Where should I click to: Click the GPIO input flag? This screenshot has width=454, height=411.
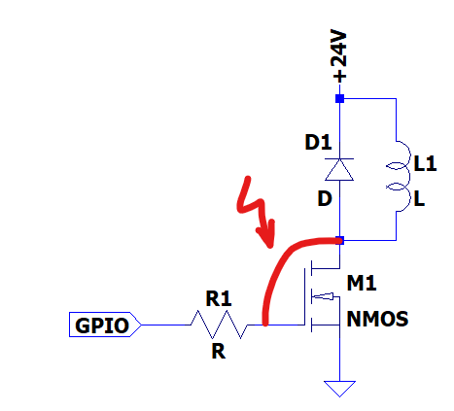pyautogui.click(x=105, y=325)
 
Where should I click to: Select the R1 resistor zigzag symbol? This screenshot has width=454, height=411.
pyautogui.click(x=219, y=325)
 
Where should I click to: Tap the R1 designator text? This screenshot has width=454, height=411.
pyautogui.click(x=219, y=298)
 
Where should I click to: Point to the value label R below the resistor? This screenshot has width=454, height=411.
pyautogui.click(x=218, y=351)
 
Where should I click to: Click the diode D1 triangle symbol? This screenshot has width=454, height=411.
pyautogui.click(x=339, y=169)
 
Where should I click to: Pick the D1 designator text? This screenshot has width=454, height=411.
pyautogui.click(x=318, y=142)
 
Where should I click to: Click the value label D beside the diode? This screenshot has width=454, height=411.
pyautogui.click(x=325, y=198)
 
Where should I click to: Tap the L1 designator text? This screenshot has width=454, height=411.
pyautogui.click(x=425, y=163)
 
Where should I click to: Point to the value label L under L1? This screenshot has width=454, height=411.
pyautogui.click(x=419, y=198)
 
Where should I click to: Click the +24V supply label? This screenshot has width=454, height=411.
pyautogui.click(x=339, y=57)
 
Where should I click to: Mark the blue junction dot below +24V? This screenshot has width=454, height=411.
pyautogui.click(x=339, y=98)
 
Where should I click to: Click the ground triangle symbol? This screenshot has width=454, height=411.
pyautogui.click(x=339, y=389)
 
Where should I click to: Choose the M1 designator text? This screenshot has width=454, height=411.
pyautogui.click(x=362, y=283)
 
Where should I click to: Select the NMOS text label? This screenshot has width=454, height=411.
pyautogui.click(x=377, y=319)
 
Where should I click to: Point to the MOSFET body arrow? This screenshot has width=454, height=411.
pyautogui.click(x=323, y=295)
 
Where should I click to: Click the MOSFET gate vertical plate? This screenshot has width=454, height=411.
pyautogui.click(x=305, y=296)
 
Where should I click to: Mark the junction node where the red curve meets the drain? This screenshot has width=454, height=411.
pyautogui.click(x=339, y=240)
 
